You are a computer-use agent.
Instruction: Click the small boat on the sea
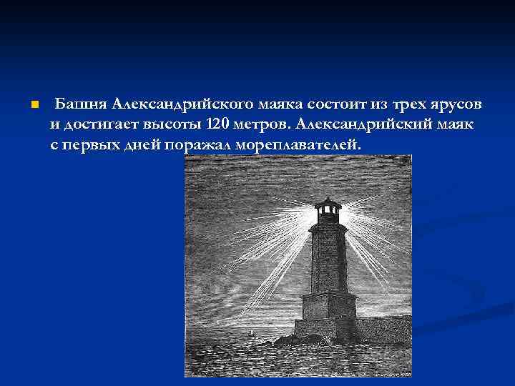pos(251,333)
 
